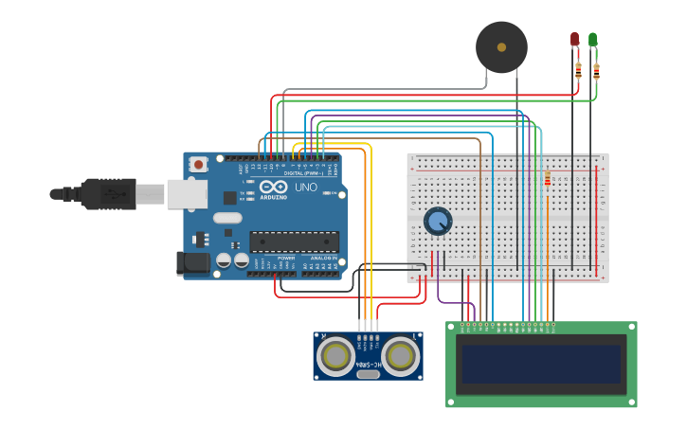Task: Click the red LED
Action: (x=574, y=39)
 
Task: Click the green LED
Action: (x=593, y=39)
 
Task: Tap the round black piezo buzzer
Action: (x=501, y=46)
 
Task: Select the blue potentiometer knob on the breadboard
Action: (x=438, y=222)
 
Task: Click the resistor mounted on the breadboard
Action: (x=547, y=180)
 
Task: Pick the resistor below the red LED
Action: (x=578, y=68)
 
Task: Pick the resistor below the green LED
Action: (x=596, y=68)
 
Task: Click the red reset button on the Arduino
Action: (x=198, y=164)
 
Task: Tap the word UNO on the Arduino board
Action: (x=306, y=188)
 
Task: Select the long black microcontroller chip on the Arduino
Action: (x=293, y=241)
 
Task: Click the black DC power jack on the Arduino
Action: (x=193, y=263)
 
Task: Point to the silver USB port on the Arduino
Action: (x=187, y=193)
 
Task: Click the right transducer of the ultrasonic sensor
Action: (x=402, y=356)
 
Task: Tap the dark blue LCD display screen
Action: (x=541, y=364)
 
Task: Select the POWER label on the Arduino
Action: (x=286, y=258)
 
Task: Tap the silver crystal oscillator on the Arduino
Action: (x=227, y=218)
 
